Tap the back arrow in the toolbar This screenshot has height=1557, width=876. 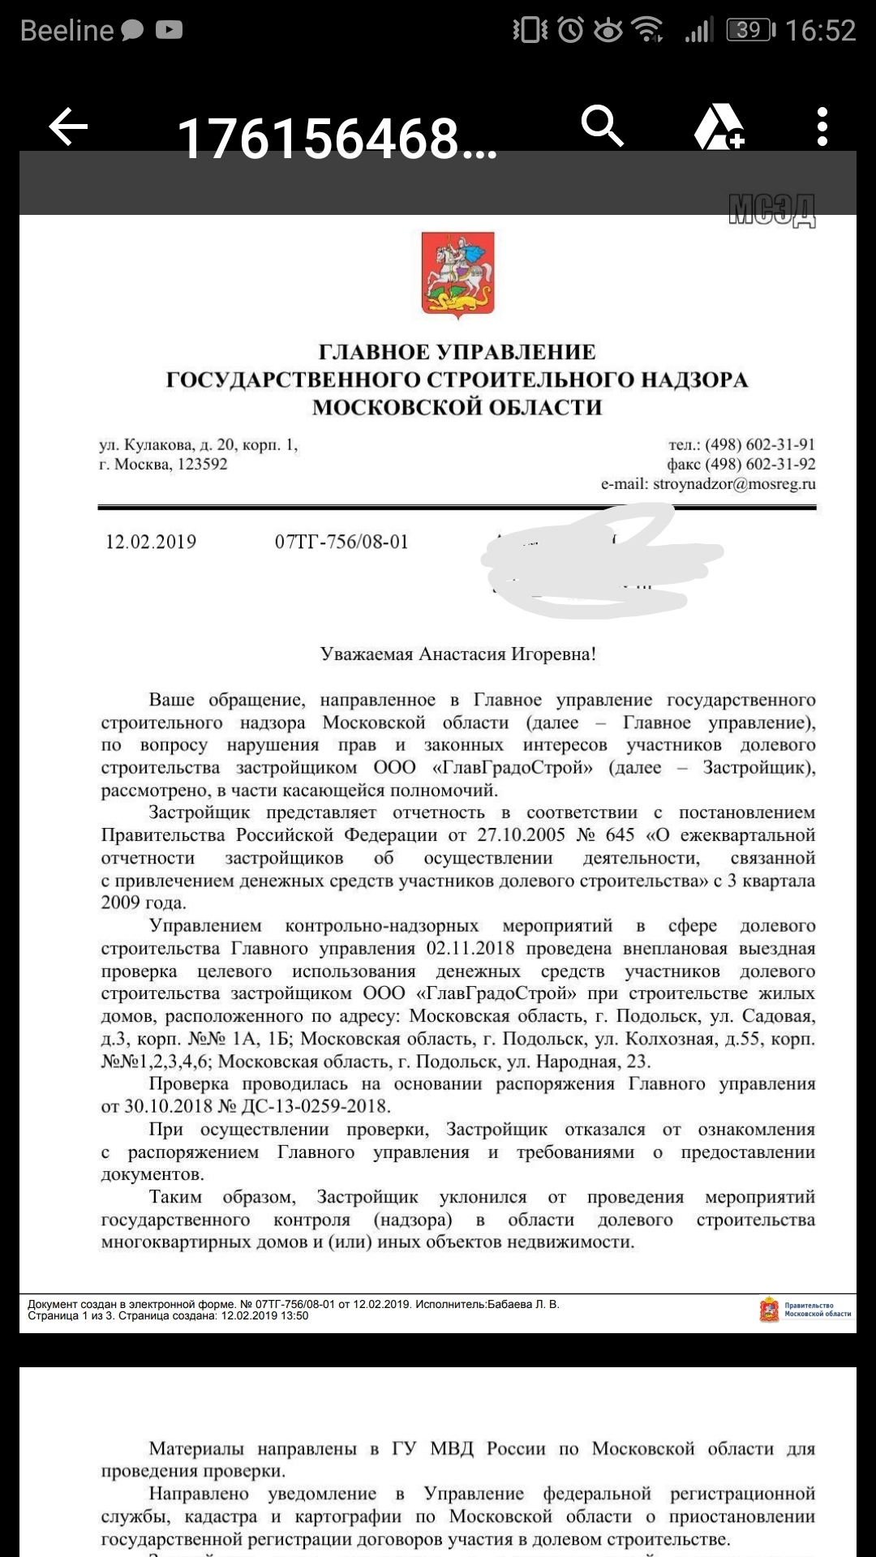click(x=68, y=127)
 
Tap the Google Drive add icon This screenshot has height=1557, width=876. click(x=719, y=127)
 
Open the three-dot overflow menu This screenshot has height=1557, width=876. click(x=822, y=127)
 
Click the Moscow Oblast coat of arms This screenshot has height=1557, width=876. click(x=457, y=275)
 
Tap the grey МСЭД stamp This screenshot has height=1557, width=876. click(x=771, y=211)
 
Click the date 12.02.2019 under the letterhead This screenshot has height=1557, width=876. click(x=151, y=543)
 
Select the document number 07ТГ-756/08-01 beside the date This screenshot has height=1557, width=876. click(x=341, y=543)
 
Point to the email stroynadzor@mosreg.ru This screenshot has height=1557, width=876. click(x=734, y=484)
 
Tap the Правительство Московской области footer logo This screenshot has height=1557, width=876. click(x=805, y=1310)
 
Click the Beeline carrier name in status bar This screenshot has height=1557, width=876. click(x=67, y=31)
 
